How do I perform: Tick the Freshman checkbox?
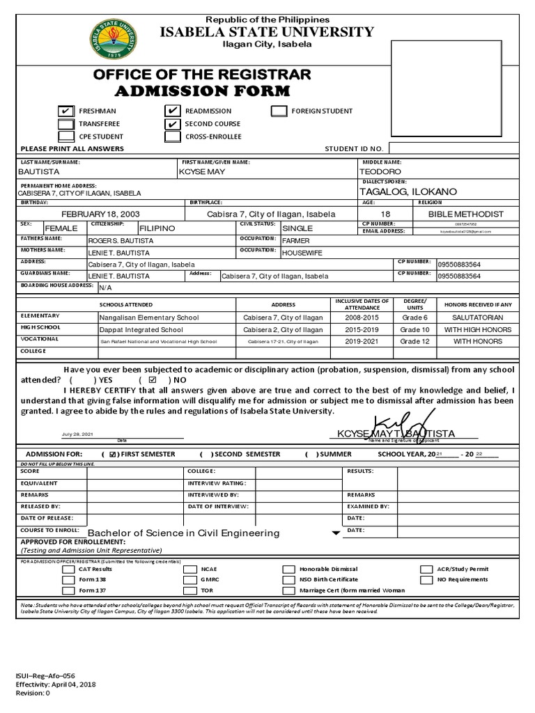coord(65,111)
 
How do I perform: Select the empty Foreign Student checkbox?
coord(279,111)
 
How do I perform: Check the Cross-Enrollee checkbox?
coord(173,136)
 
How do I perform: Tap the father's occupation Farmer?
coord(296,240)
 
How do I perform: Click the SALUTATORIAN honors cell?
coord(477,317)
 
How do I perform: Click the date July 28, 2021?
coord(77,434)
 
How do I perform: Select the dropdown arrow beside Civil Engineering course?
coord(336,533)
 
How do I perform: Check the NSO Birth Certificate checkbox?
coord(288,579)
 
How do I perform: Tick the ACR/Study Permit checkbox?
coord(426,569)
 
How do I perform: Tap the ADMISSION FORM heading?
coord(201,92)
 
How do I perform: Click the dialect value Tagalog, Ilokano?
coord(408,191)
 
